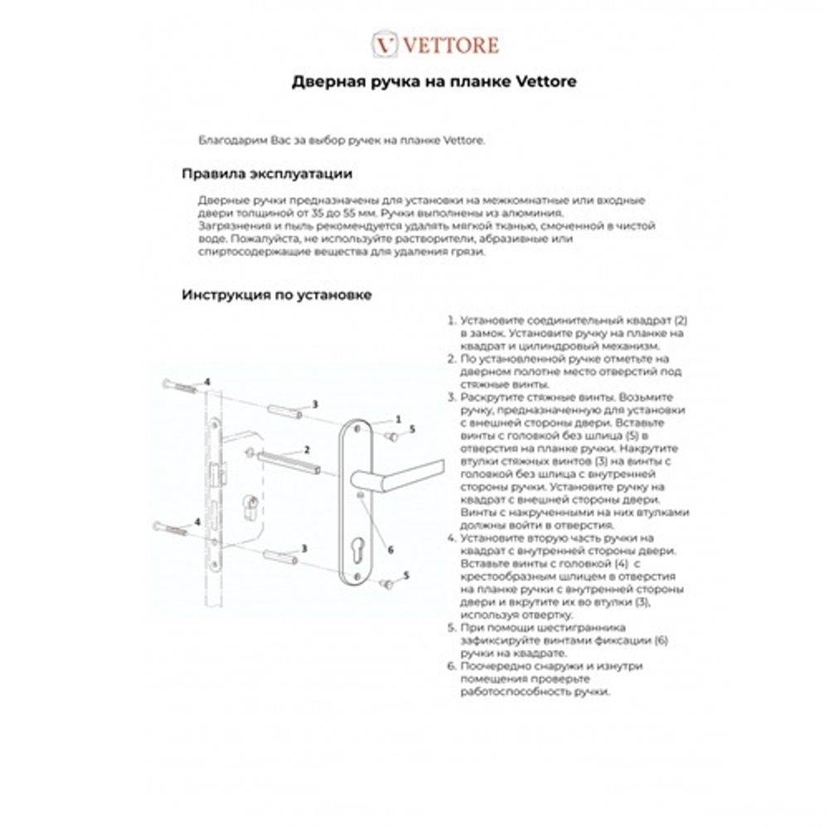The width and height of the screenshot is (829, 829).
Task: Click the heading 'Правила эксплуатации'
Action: [x=267, y=174]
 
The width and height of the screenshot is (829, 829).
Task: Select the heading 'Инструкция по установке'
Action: [x=276, y=295]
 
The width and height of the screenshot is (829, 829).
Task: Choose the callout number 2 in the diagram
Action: [x=307, y=448]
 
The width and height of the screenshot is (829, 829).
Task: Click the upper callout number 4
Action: [x=207, y=381]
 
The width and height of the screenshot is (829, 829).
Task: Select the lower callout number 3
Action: [x=305, y=548]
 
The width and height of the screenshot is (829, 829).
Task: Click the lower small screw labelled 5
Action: [x=386, y=584]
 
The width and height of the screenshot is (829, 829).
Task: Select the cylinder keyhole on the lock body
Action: [x=248, y=507]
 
